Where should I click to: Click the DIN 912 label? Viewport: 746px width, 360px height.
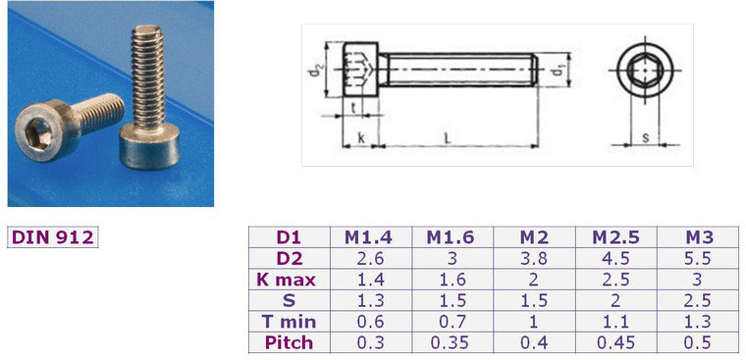[x=52, y=237]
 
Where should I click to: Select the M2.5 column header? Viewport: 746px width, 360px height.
[x=616, y=237]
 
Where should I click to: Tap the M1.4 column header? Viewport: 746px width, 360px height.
[x=369, y=237]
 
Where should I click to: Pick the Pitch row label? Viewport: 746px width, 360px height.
[x=290, y=342]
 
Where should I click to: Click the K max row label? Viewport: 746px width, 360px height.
[x=290, y=280]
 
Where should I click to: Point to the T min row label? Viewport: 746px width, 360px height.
[x=290, y=322]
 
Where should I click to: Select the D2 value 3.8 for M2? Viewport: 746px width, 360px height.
[x=534, y=258]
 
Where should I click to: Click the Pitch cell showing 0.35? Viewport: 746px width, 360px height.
[x=452, y=342]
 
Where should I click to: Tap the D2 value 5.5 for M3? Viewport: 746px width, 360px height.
[x=697, y=258]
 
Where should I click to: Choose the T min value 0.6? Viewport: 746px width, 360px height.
[x=370, y=322]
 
